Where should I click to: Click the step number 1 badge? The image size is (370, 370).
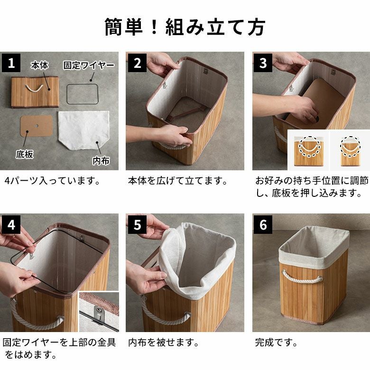[x=11, y=63]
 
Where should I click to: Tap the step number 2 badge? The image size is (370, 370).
[x=137, y=63]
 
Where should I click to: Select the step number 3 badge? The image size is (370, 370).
[x=263, y=63]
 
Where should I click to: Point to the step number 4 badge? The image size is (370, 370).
[x=11, y=224]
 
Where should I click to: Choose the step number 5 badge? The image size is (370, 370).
[x=137, y=224]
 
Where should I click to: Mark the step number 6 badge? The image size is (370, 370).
[x=263, y=224]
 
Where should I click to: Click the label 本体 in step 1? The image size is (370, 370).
[x=39, y=65]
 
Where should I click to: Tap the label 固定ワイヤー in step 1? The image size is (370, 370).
[x=89, y=65]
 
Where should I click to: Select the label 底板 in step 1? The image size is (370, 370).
[x=25, y=154]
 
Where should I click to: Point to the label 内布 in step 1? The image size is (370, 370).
[x=101, y=161]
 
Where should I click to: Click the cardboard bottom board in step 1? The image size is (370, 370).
[x=37, y=126]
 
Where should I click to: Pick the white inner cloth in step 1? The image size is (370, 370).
[x=84, y=130]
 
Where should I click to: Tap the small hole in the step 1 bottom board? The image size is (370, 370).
[x=36, y=126]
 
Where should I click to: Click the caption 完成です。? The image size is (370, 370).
[x=276, y=342]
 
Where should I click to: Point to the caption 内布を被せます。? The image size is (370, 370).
[x=164, y=342]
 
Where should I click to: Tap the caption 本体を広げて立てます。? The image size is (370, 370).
[x=178, y=181]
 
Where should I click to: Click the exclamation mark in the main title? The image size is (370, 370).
[x=154, y=27]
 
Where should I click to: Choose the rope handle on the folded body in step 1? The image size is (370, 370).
[x=34, y=88]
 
